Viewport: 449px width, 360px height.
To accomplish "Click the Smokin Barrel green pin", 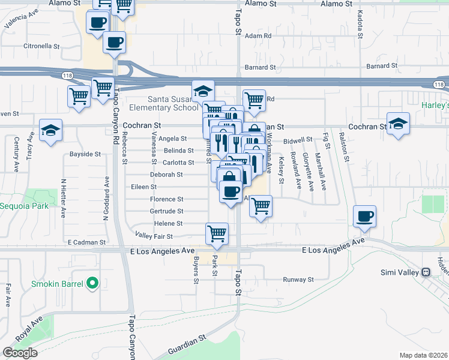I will click(x=92, y=281).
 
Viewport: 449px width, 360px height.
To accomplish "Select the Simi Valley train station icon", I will click(x=426, y=272).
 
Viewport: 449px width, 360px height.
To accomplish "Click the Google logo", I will click(x=20, y=353).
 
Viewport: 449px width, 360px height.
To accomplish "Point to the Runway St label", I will click(x=298, y=280).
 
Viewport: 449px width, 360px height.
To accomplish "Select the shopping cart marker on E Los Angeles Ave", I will click(x=217, y=234).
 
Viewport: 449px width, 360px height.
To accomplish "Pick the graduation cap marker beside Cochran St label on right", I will click(x=398, y=124).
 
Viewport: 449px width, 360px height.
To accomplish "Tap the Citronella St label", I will click(x=41, y=46).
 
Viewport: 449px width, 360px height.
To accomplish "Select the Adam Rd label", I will click(x=259, y=36).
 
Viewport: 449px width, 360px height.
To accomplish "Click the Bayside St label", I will click(x=85, y=154).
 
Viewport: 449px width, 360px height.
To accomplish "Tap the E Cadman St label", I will click(x=87, y=242).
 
